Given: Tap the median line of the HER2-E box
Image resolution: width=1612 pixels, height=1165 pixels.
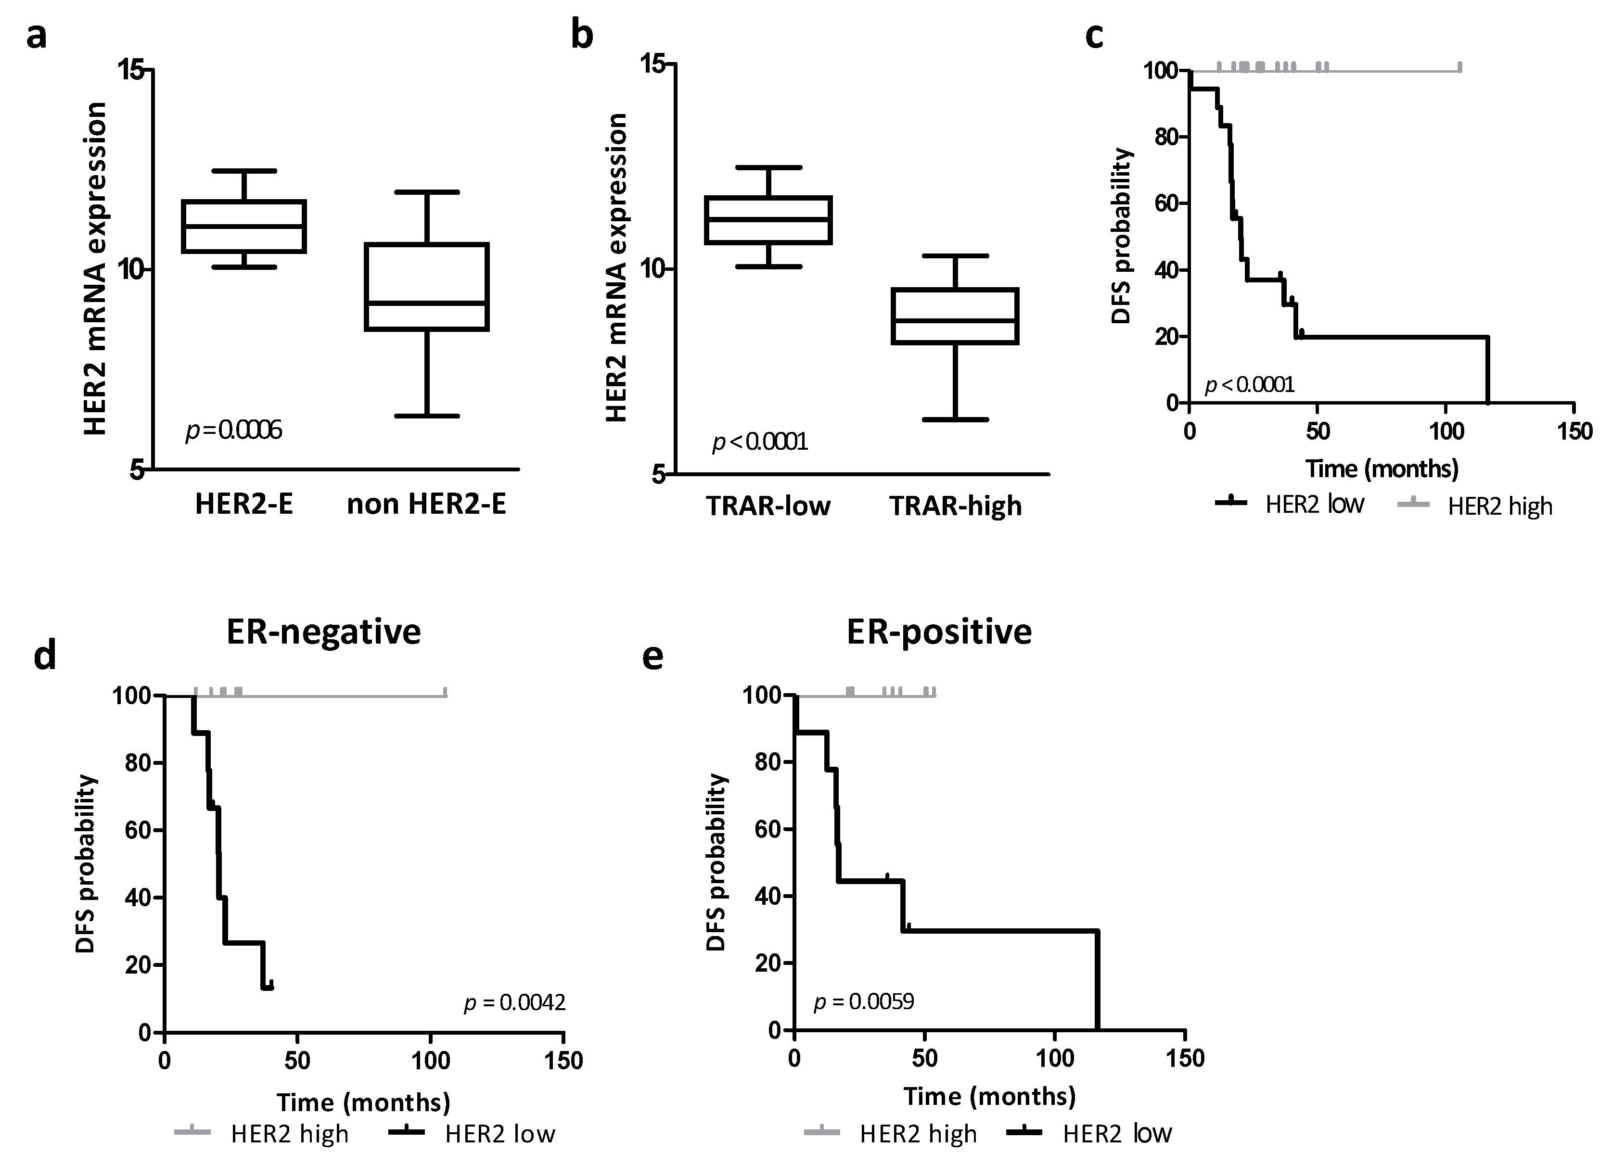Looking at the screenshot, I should coord(244,227).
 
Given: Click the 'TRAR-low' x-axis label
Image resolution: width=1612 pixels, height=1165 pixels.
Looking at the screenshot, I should coord(768,506).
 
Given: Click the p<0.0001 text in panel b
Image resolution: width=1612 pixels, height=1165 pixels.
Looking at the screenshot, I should coord(760,443).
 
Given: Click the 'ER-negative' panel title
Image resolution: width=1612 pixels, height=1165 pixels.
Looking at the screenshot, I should coord(323,632).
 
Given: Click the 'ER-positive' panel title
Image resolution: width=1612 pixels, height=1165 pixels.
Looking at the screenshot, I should coord(939,632).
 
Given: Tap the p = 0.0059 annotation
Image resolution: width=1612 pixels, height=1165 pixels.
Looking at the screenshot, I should coord(864,1001).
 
